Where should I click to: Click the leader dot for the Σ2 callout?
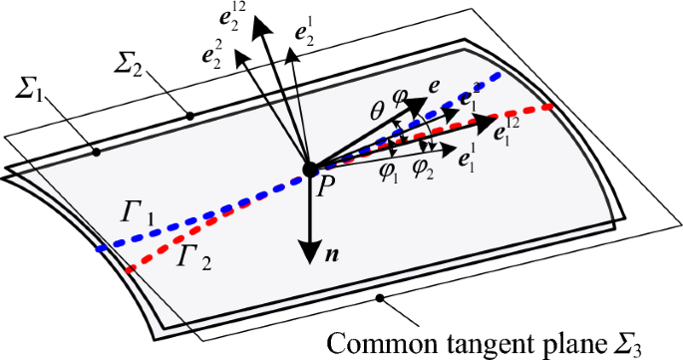click(190, 117)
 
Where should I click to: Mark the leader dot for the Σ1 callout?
click(97, 152)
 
